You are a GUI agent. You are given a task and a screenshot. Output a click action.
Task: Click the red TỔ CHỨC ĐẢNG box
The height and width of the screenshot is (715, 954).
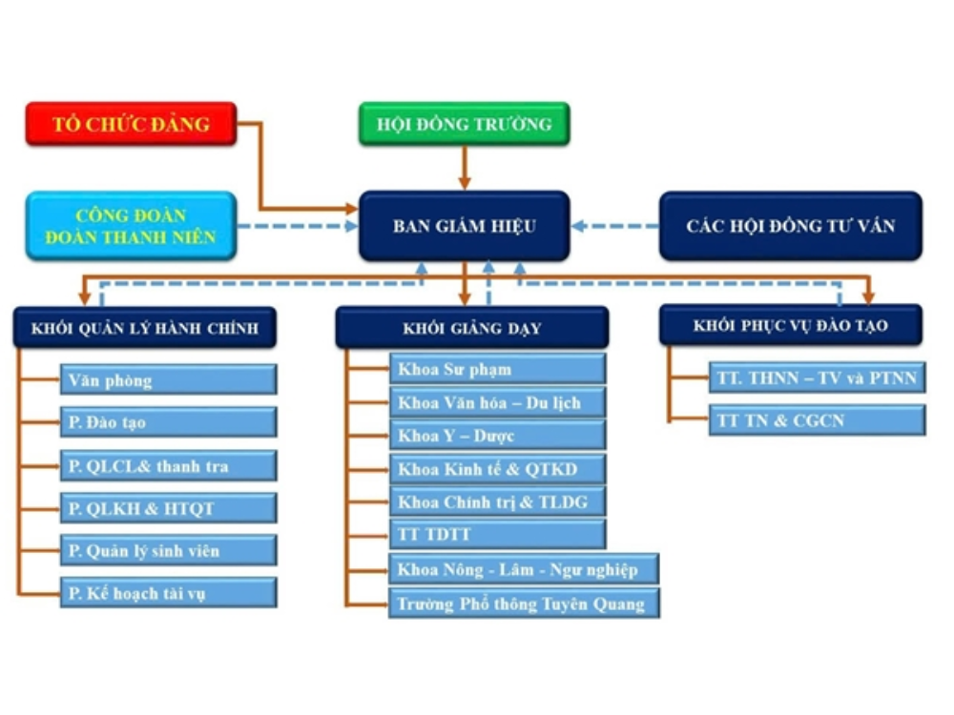click(131, 124)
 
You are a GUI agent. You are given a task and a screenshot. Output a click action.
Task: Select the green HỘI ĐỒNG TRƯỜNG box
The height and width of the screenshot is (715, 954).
click(464, 124)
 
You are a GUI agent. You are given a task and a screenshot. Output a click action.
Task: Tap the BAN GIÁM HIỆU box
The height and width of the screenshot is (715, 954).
click(464, 226)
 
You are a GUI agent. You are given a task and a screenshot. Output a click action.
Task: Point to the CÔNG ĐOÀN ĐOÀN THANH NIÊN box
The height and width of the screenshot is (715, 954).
click(131, 226)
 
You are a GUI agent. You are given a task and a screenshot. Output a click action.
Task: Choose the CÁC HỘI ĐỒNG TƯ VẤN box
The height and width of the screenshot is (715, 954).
click(790, 226)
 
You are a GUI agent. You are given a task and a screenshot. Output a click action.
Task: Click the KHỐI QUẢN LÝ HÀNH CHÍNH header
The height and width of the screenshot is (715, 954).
click(145, 328)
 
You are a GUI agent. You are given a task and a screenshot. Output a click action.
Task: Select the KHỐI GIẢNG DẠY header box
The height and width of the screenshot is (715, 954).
click(471, 328)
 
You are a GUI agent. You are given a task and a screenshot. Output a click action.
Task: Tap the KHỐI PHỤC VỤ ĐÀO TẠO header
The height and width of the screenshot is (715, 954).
click(790, 325)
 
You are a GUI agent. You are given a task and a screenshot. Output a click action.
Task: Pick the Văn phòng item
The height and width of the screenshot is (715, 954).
click(168, 379)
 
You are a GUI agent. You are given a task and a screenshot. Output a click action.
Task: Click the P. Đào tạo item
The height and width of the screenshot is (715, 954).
click(168, 421)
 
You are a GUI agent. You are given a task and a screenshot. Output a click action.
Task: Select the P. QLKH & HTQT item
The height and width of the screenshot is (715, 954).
click(168, 508)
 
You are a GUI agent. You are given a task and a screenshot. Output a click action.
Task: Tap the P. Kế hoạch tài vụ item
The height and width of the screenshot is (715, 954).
click(168, 592)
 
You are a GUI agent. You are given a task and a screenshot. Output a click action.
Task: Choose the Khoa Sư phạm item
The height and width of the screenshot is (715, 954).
click(496, 369)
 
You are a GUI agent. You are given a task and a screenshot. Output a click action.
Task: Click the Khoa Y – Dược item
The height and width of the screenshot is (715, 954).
click(496, 435)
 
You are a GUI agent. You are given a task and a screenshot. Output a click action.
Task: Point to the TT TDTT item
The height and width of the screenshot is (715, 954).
click(496, 534)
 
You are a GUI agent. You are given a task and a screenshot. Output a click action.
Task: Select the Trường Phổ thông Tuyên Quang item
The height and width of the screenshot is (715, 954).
click(523, 603)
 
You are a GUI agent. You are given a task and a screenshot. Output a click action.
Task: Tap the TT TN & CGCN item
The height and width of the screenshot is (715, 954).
click(816, 419)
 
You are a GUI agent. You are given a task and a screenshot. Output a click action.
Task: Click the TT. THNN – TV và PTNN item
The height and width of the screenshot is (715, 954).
click(816, 378)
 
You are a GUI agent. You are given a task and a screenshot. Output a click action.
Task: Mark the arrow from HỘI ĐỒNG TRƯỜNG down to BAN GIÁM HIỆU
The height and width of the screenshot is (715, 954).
click(465, 168)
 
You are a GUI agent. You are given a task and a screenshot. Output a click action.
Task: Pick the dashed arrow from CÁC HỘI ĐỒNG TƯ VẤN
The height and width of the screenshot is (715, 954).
click(615, 227)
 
